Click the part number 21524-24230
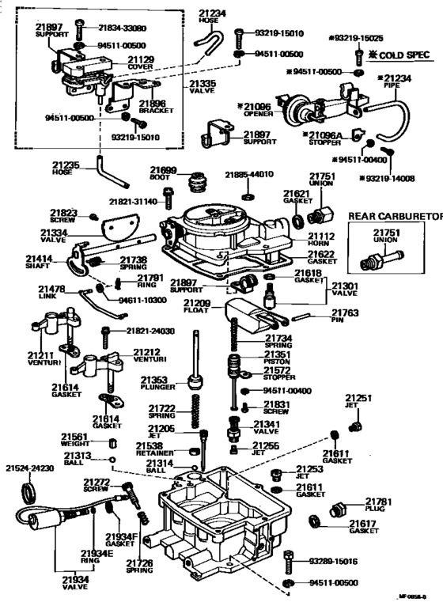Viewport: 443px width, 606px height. (30, 468)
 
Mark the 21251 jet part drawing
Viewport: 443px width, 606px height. (354, 426)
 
